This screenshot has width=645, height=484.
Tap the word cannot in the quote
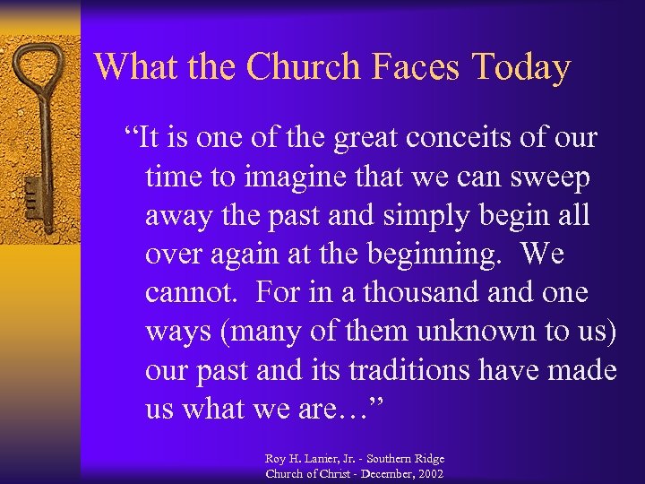tap(191, 293)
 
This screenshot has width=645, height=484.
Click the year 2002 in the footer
tap(427, 473)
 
